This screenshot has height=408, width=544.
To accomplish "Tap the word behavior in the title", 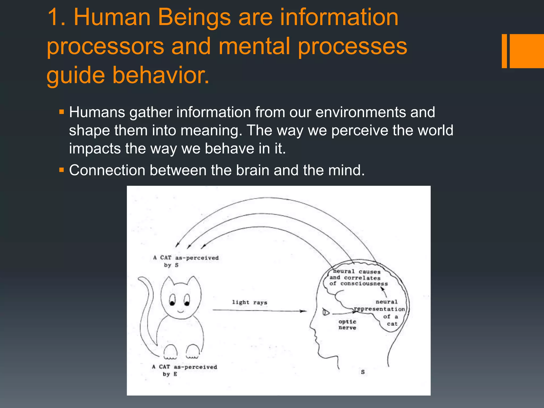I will (161, 75).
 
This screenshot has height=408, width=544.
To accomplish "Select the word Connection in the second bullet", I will (107, 170).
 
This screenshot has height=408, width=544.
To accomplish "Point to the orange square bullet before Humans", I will (62, 112).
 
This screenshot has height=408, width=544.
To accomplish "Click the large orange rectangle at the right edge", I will (527, 51).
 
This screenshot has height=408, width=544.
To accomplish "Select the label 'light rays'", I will (249, 302).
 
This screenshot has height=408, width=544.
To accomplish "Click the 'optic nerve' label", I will (347, 325).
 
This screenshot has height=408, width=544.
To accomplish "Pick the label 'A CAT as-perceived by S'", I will (185, 261).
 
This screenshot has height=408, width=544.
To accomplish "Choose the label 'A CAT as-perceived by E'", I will (184, 370).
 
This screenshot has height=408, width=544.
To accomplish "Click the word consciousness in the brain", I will (364, 284).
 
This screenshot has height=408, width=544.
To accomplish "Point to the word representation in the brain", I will (379, 309).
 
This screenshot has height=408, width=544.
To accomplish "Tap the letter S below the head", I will (363, 372).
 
